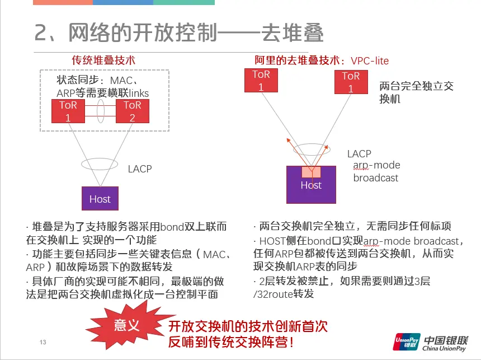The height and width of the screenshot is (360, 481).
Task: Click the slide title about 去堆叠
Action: [x=179, y=34]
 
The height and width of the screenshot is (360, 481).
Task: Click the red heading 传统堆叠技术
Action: [x=103, y=60]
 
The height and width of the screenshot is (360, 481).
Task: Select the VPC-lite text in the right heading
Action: [x=370, y=60]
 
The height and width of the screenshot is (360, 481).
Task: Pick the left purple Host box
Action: [x=100, y=198]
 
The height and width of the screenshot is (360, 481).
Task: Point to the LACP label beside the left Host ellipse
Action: [x=140, y=169]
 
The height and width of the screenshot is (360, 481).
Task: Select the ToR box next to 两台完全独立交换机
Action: [x=351, y=82]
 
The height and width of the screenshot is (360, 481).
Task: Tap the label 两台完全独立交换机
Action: [x=416, y=92]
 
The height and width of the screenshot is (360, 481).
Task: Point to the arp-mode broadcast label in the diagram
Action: [x=376, y=171]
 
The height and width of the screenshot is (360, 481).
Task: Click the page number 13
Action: [x=43, y=342]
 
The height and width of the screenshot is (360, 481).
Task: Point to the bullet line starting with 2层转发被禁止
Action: [x=342, y=281]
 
